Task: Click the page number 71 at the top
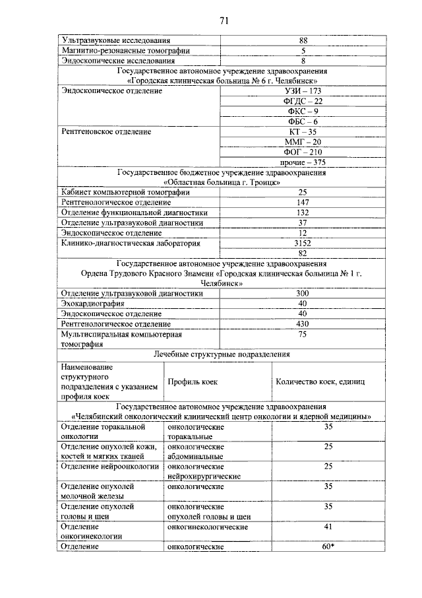tap(224, 21)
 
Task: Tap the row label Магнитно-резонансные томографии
tap(125, 51)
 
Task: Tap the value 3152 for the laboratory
tap(303, 243)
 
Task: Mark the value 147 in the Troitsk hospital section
tap(303, 203)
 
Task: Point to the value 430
tap(303, 324)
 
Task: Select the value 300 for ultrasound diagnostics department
tap(303, 294)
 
